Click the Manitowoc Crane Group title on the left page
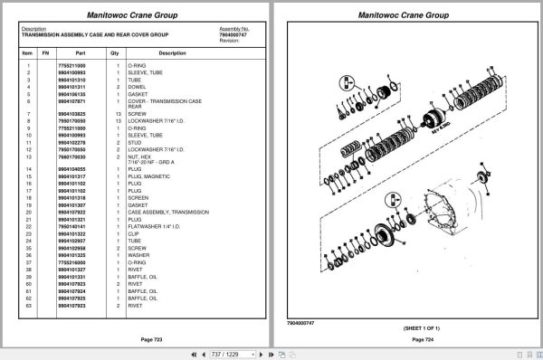coord(136,15)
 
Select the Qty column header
coord(115,53)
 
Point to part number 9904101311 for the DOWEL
coord(71,86)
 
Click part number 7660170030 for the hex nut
coord(71,156)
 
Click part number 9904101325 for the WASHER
coord(71,254)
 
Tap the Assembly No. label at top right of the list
coord(234,28)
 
